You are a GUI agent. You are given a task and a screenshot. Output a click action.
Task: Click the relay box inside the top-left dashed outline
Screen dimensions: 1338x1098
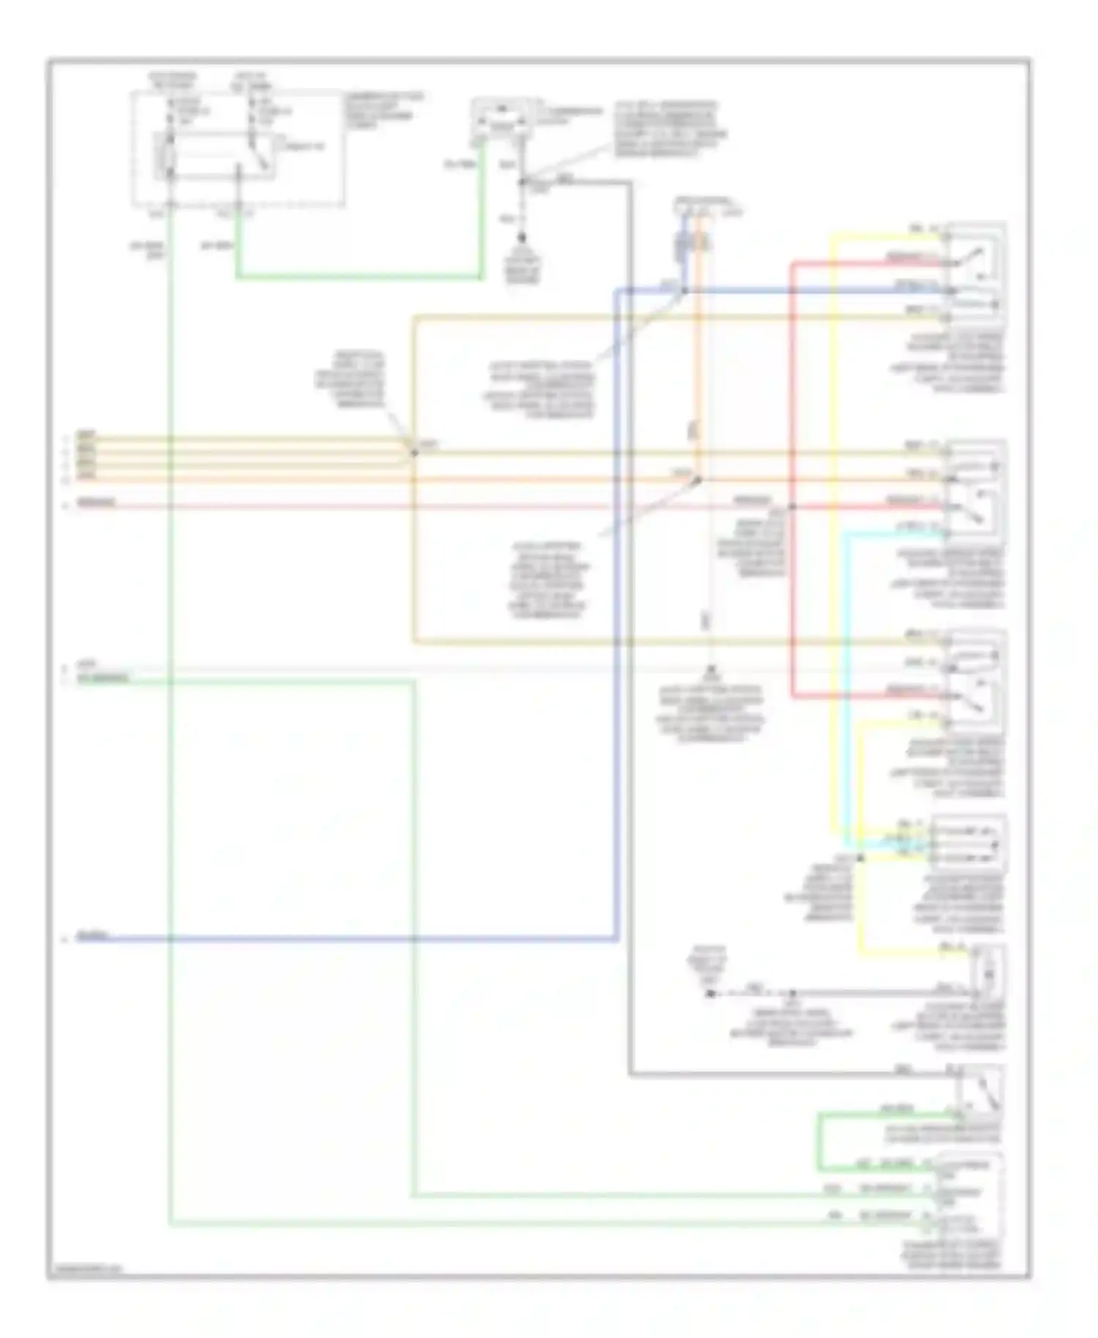214,155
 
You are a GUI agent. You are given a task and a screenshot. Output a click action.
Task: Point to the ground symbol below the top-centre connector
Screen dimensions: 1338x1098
523,239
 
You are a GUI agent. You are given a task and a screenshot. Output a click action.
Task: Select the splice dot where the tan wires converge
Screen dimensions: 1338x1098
414,452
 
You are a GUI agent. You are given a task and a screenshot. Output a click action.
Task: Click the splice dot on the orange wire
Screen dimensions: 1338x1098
698,480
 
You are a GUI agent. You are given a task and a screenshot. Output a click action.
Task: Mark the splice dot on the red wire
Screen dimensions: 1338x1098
792,507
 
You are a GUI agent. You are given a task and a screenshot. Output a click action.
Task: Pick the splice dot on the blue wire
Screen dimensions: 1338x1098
684,291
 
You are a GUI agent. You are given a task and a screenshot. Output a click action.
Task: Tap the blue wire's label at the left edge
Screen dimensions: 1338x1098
94,936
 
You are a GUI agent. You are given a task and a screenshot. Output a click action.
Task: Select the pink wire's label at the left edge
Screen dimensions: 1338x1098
97,503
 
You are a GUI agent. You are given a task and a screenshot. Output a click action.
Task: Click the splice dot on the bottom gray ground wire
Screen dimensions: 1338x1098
792,993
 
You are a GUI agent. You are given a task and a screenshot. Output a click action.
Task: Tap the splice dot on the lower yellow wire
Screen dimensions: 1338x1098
861,857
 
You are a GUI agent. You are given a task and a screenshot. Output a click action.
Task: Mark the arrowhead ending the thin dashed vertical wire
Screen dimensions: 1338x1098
710,670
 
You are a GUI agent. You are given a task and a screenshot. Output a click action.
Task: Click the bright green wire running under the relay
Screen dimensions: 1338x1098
359,277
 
